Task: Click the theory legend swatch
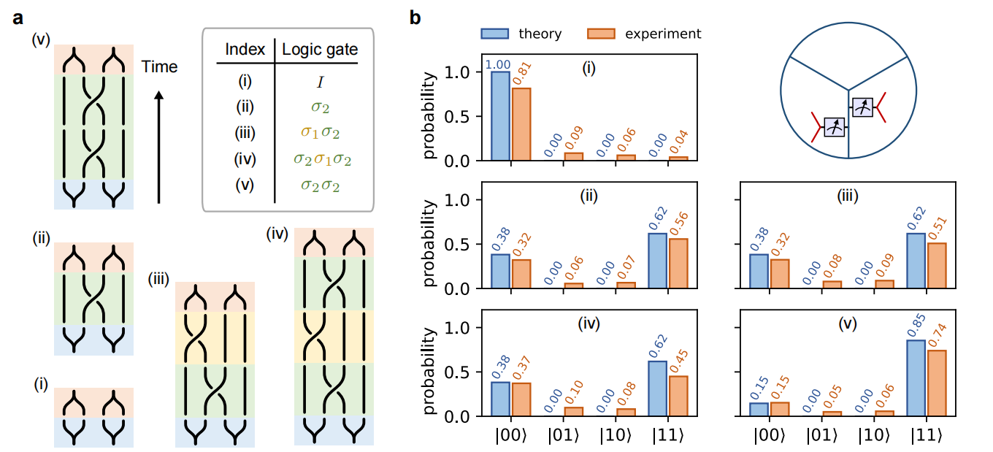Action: click(x=494, y=34)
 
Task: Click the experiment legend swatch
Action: click(x=602, y=34)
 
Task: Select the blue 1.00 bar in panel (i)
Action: click(x=500, y=116)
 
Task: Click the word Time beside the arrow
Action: click(x=159, y=67)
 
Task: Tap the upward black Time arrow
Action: click(x=159, y=146)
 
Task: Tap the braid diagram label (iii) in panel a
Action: click(x=160, y=279)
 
